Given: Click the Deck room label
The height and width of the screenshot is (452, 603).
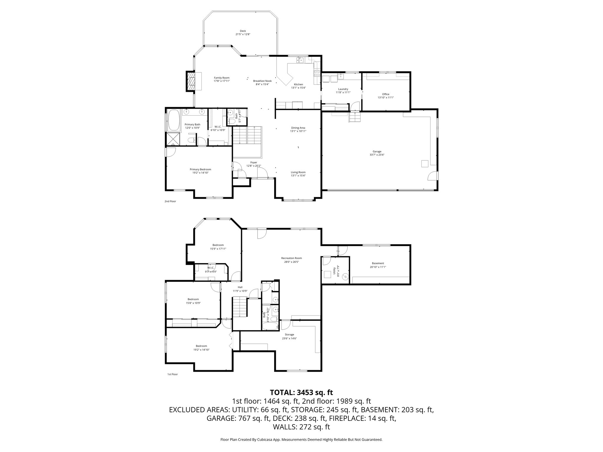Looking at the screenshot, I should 243,31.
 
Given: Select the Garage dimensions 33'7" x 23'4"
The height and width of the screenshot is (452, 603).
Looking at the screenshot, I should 377,155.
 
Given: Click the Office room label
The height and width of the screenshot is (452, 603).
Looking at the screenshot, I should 386,94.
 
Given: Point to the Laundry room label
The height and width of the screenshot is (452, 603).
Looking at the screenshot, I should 343,89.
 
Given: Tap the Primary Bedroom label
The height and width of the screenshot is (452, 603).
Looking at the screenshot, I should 200,169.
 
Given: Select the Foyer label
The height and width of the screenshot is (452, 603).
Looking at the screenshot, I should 254,162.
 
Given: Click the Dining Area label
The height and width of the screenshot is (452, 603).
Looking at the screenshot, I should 298,128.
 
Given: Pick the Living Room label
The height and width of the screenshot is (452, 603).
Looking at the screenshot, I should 298,172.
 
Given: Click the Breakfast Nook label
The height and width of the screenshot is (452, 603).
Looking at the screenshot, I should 262,81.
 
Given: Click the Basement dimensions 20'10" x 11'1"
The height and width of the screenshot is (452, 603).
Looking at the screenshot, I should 378,267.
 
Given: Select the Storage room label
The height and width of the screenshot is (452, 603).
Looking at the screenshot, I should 289,335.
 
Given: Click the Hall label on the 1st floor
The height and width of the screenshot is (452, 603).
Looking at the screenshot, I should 240,287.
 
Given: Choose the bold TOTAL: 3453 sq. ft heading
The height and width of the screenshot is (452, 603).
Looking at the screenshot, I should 301,392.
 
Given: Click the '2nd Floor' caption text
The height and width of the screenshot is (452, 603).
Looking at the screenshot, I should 170,201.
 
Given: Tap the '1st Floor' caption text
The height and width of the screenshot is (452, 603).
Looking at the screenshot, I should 172,374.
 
